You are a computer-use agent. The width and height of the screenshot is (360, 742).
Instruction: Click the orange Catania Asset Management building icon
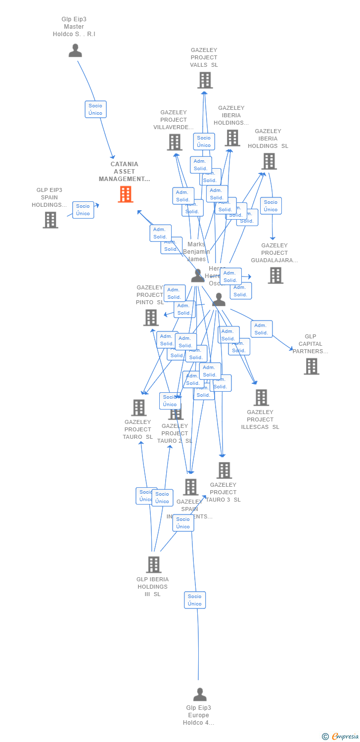[126, 194]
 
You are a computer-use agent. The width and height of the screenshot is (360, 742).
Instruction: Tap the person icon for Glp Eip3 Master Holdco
[75, 50]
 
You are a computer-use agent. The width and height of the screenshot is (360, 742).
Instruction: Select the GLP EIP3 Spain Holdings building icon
[50, 220]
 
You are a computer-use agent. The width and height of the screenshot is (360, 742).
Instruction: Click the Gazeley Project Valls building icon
[205, 80]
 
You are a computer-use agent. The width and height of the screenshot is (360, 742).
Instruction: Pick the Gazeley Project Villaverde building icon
[175, 142]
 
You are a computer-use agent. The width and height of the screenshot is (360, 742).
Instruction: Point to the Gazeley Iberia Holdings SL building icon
[269, 161]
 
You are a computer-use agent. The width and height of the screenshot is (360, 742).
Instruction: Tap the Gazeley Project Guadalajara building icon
[275, 276]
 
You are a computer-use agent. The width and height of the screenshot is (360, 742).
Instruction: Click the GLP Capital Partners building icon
[312, 367]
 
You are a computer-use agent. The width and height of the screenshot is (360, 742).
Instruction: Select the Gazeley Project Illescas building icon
[261, 398]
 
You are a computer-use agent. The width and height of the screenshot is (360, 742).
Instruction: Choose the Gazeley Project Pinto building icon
[151, 318]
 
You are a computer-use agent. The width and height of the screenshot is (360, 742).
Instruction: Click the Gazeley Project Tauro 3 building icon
[225, 470]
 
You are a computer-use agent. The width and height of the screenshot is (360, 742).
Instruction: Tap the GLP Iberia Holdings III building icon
[154, 565]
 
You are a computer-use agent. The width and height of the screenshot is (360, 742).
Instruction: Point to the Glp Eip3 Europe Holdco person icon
[200, 695]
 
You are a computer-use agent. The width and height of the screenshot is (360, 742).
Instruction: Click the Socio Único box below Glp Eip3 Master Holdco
[95, 109]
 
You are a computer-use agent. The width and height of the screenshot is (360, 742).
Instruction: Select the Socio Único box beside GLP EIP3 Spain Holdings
[83, 210]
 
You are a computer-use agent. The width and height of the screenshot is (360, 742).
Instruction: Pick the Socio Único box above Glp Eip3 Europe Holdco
[195, 600]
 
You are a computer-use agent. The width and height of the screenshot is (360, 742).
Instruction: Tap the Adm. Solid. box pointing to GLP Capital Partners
[262, 329]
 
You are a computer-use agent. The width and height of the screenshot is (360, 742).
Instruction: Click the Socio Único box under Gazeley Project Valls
[204, 141]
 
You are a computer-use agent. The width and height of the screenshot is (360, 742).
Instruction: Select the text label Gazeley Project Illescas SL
[260, 419]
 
